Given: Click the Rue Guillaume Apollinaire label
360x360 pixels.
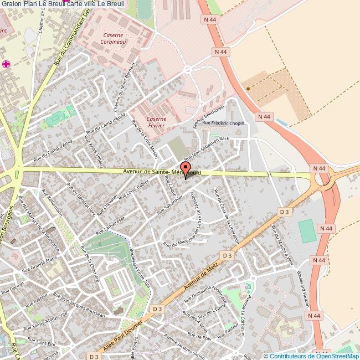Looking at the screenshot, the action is click(205, 296).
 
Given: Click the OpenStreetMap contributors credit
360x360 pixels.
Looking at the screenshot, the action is click(311, 356).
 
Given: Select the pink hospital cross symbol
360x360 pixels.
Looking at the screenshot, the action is click(7, 65).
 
